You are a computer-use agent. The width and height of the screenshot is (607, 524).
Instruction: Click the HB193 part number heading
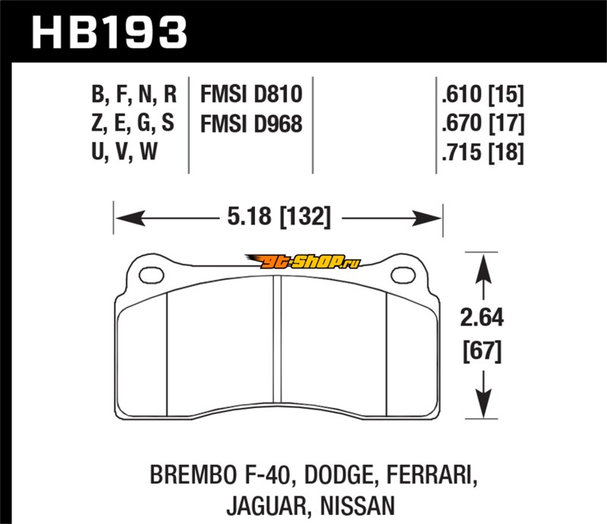click(x=109, y=33)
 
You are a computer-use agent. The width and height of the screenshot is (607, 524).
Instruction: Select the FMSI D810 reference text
click(x=251, y=94)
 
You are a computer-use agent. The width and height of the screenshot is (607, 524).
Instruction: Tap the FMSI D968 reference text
click(x=251, y=124)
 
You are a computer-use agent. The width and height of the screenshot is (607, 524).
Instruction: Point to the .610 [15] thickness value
click(x=483, y=94)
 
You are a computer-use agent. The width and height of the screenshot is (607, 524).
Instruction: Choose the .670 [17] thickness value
click(x=483, y=123)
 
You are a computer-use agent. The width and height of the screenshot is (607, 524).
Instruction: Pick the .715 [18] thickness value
click(x=483, y=152)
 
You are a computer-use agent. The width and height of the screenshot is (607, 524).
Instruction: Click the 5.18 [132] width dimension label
click(x=278, y=216)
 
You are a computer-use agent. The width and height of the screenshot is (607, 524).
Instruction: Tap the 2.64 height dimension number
click(x=482, y=317)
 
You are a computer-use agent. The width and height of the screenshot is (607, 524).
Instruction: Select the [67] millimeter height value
click(x=483, y=351)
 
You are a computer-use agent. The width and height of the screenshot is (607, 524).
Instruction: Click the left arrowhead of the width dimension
click(x=130, y=218)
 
